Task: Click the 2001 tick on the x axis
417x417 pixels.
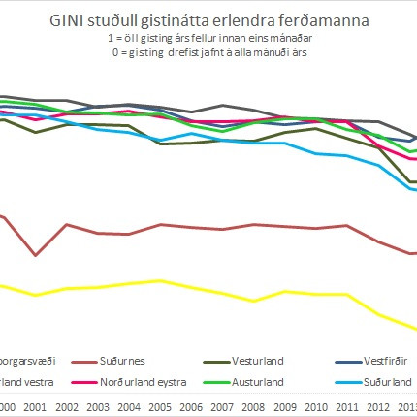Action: click(x=35, y=407)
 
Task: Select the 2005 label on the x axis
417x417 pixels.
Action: click(x=161, y=407)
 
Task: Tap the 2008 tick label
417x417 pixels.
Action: click(x=254, y=407)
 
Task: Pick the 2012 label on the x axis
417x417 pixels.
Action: click(x=378, y=407)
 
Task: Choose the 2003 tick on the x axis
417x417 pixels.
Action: click(x=98, y=407)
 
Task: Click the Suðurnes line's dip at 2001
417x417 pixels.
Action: click(x=36, y=255)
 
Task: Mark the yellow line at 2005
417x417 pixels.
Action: click(x=161, y=280)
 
